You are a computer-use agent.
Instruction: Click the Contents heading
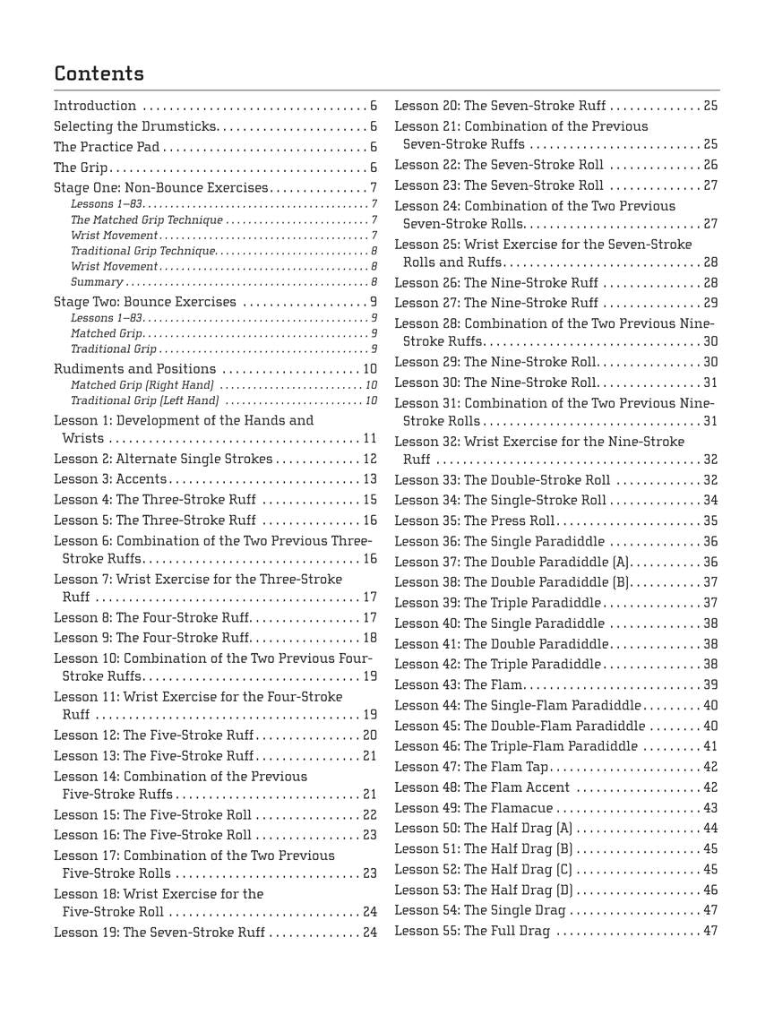tap(99, 73)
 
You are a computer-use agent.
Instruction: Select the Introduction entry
tap(95, 106)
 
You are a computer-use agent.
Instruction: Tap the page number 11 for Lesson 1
tap(370, 439)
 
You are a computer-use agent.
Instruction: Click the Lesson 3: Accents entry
tap(110, 479)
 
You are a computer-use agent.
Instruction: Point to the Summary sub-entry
tap(97, 282)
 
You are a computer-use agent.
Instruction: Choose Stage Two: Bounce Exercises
tap(145, 302)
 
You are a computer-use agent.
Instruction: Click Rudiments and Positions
tap(134, 369)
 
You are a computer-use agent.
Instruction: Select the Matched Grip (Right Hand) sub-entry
tap(142, 385)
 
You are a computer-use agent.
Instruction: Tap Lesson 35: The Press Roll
tap(475, 520)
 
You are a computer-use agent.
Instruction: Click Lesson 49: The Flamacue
tap(474, 808)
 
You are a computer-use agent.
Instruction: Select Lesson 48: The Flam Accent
tap(482, 787)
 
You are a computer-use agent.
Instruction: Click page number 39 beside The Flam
tap(710, 685)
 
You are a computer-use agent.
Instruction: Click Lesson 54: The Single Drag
tap(480, 910)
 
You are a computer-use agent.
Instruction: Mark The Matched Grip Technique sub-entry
tap(146, 220)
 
